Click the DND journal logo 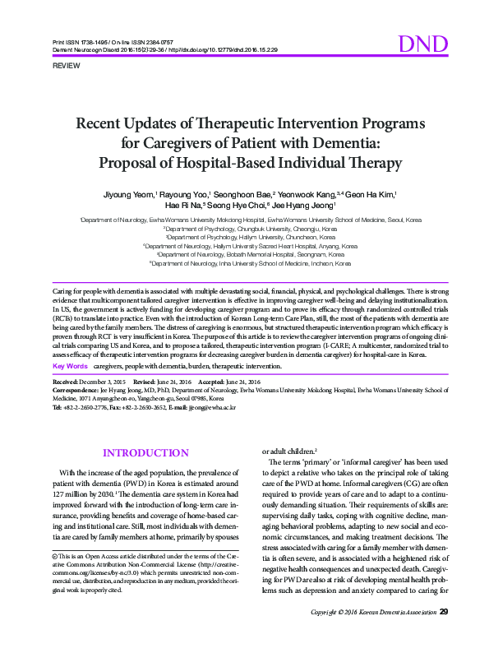coord(422,44)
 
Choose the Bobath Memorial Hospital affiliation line coord(250,254)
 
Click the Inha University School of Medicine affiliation coord(250,263)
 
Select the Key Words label coord(70,365)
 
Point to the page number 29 coord(444,635)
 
